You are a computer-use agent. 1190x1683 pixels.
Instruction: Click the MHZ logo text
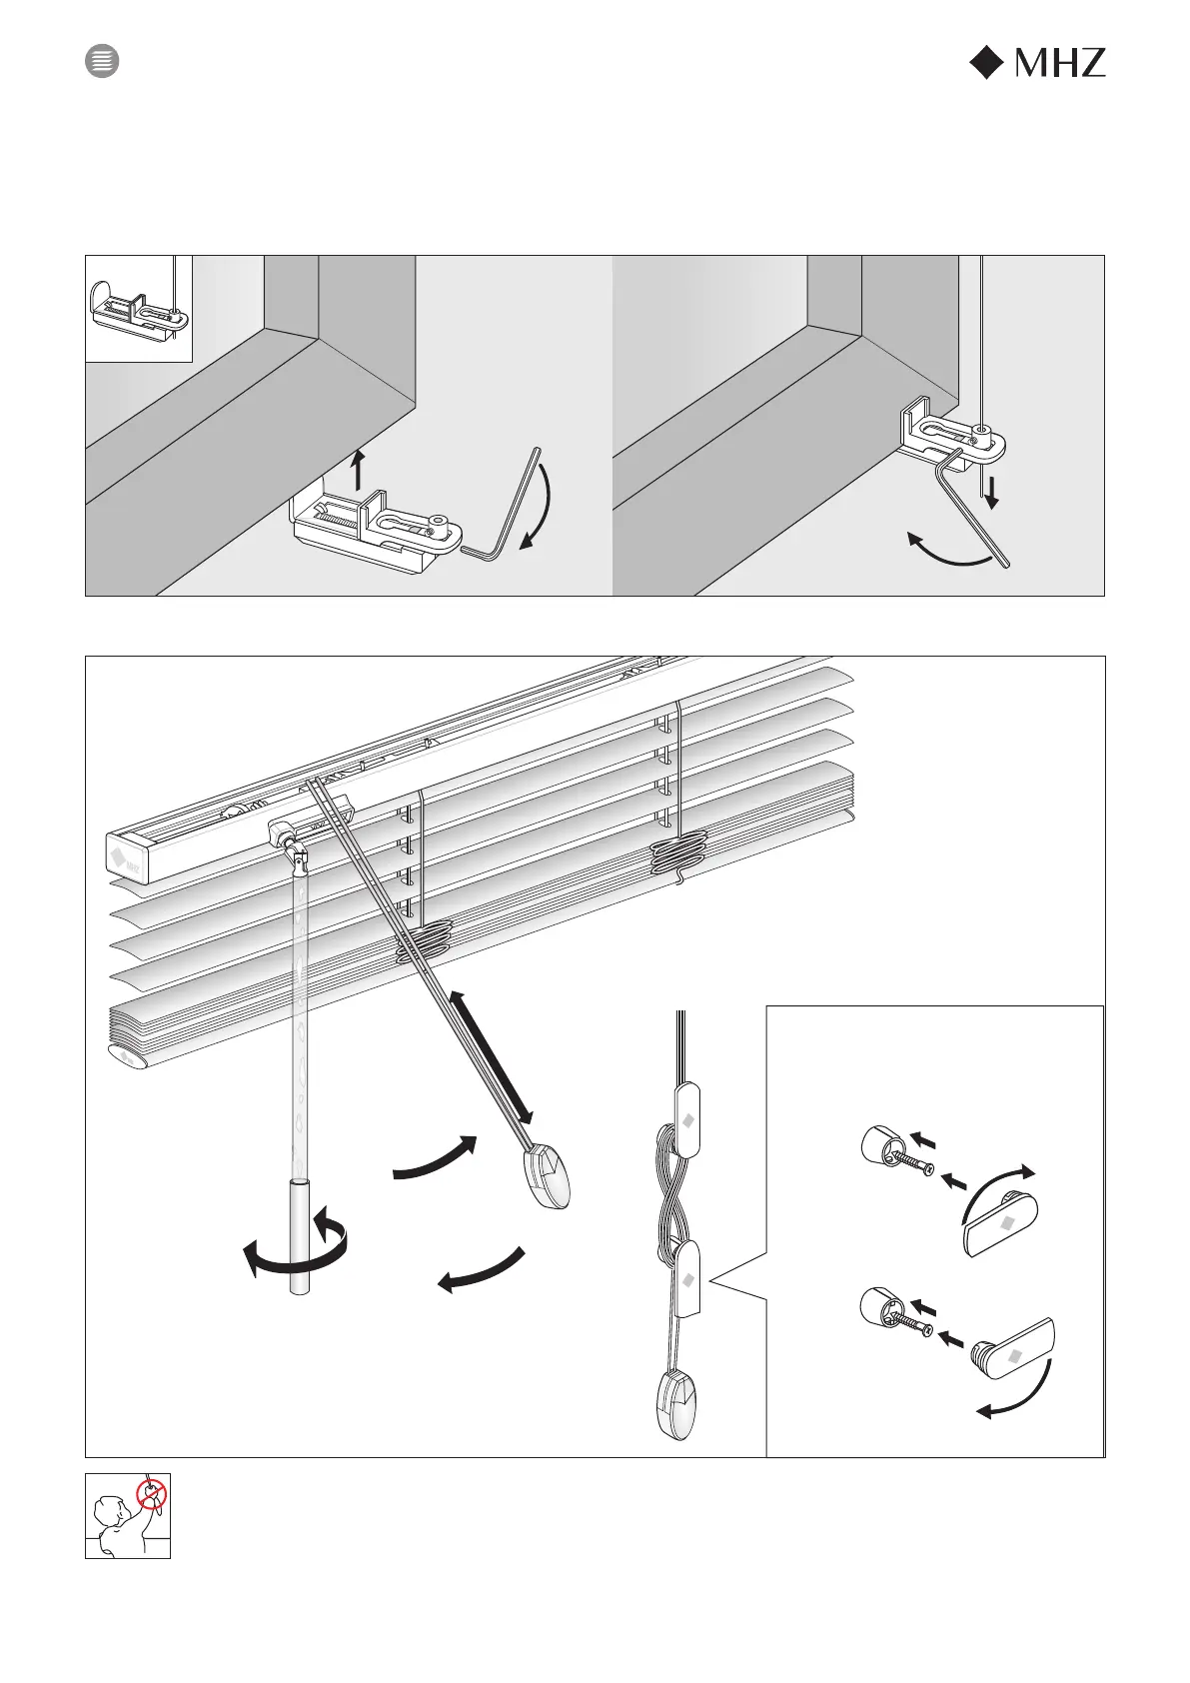point(1059,64)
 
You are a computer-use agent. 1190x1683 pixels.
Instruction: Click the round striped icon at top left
point(101,61)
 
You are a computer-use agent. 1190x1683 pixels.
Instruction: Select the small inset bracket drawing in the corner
point(138,307)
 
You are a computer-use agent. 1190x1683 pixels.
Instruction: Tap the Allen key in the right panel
point(974,510)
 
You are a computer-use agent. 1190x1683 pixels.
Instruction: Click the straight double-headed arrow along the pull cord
point(490,1057)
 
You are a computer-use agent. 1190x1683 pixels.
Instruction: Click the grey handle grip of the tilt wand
point(300,1237)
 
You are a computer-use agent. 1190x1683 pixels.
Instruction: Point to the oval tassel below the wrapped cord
point(678,1403)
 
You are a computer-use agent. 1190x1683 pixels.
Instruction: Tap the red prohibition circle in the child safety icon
point(151,1495)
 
